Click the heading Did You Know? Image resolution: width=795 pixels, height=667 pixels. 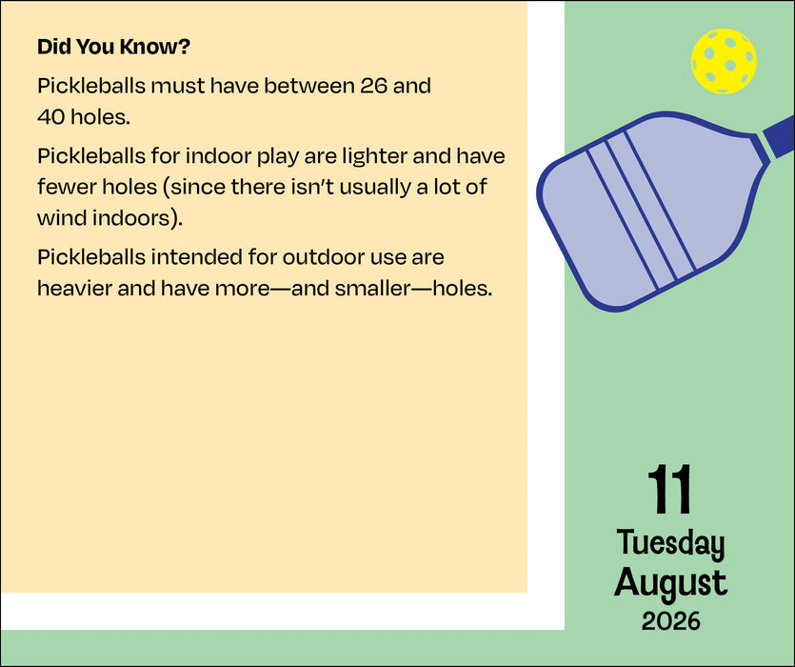(x=113, y=47)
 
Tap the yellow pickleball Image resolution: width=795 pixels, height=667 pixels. (x=724, y=61)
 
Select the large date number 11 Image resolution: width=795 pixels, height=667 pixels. (x=669, y=490)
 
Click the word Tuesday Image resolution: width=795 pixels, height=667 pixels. (x=670, y=544)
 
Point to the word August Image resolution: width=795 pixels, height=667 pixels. (x=670, y=583)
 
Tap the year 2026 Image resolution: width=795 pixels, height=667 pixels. (x=670, y=621)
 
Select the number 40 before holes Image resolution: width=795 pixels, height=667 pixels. (x=50, y=117)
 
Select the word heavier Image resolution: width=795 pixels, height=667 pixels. (x=74, y=289)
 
